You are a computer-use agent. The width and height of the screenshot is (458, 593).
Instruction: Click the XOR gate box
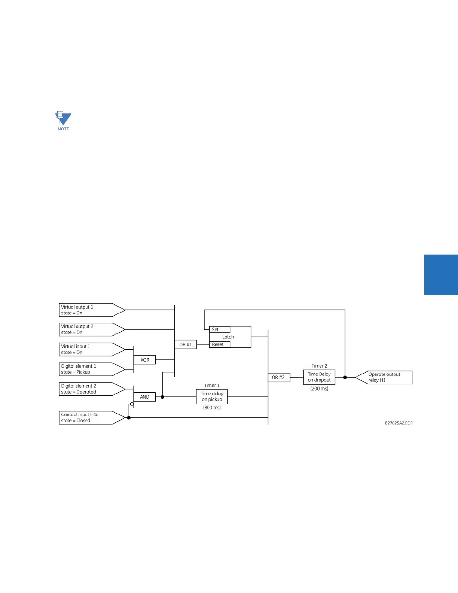144,360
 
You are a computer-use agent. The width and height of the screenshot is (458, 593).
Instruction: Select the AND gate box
144,397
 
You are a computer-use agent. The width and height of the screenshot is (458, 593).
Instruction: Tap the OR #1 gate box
186,344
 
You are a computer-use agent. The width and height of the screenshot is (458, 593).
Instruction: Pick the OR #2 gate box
279,377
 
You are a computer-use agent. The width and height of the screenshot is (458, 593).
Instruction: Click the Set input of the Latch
219,329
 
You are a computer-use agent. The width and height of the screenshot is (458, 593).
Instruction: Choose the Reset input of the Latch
219,344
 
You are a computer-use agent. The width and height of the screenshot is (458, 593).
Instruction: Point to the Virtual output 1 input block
90,310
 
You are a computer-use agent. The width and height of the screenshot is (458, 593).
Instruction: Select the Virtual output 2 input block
90,329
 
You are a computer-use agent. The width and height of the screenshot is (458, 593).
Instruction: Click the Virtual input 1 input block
90,349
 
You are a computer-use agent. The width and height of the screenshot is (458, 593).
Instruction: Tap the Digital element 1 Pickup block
90,369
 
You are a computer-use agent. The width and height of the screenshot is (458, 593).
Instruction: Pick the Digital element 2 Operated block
90,389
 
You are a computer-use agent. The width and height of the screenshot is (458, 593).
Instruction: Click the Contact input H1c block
90,417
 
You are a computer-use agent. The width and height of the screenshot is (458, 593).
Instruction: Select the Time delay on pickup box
212,396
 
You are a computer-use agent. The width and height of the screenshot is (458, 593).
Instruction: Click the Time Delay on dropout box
319,377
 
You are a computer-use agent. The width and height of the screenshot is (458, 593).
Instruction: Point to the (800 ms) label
212,408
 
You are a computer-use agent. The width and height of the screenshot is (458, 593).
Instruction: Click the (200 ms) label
319,389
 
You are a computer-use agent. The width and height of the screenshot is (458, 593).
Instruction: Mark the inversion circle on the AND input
132,404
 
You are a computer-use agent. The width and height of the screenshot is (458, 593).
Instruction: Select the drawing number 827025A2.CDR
399,423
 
